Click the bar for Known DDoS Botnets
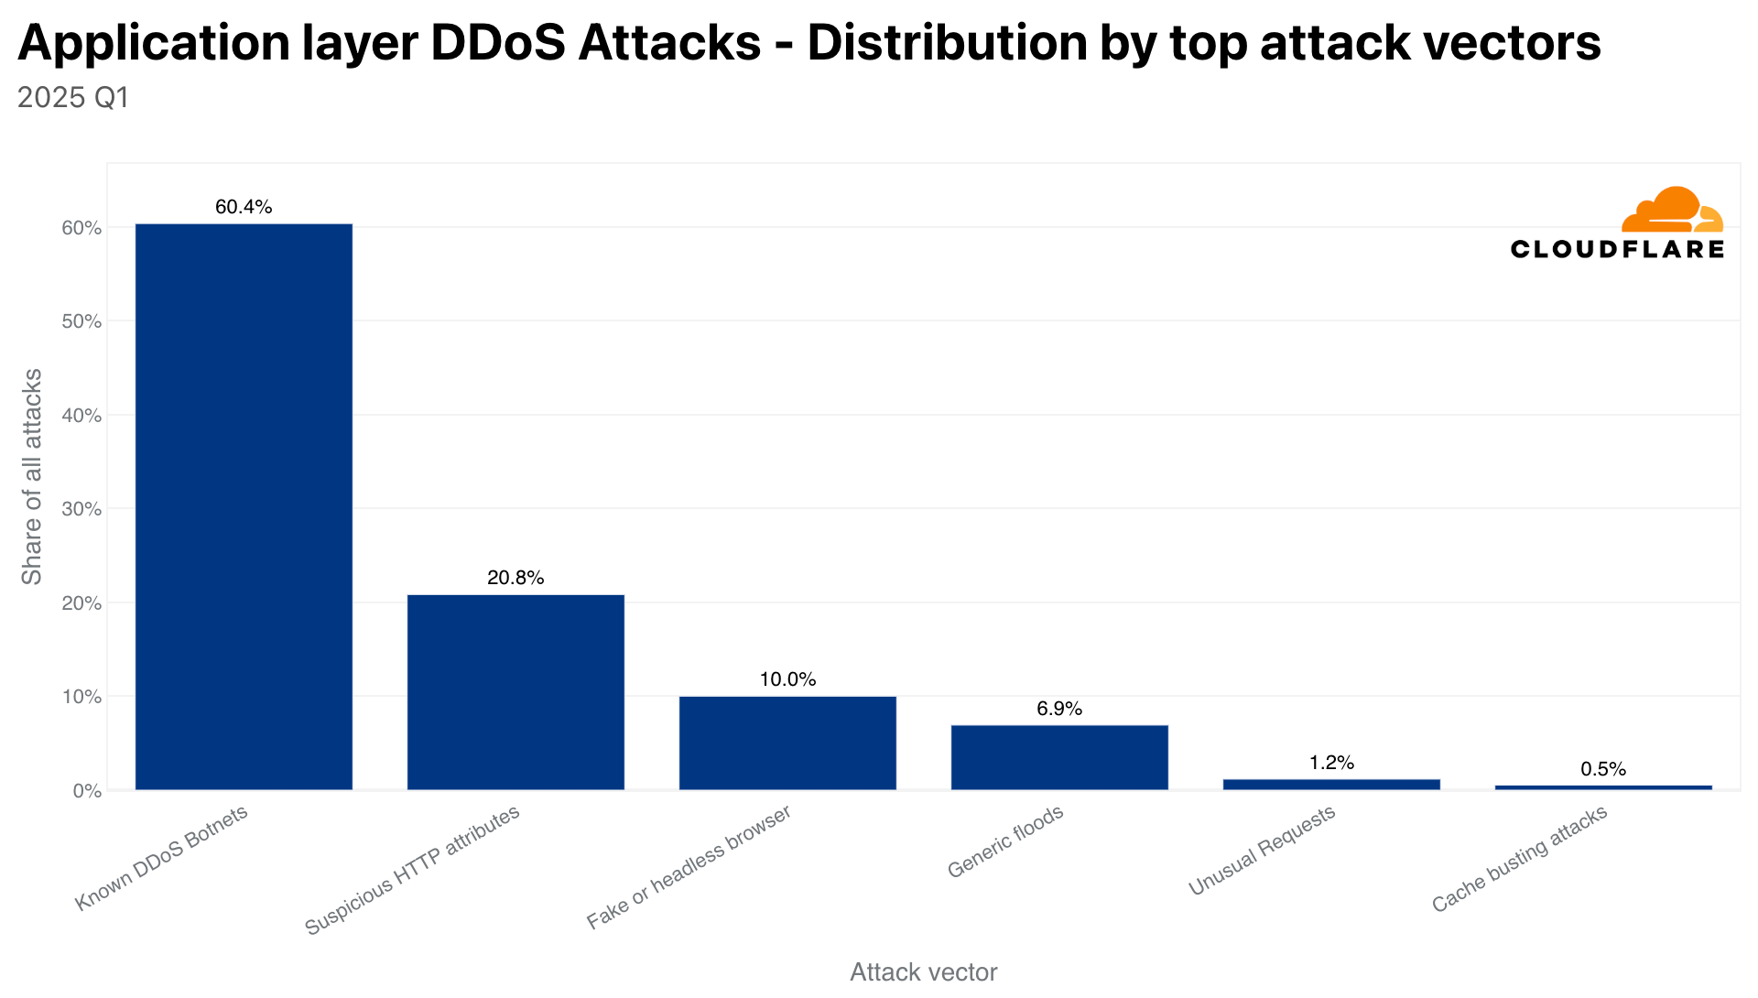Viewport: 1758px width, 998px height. (x=244, y=506)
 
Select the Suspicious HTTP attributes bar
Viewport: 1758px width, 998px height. (x=515, y=692)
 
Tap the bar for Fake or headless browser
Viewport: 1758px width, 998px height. (x=787, y=743)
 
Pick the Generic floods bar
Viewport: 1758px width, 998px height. (x=1059, y=757)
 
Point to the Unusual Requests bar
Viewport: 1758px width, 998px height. (x=1331, y=785)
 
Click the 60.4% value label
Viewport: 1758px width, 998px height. (x=244, y=207)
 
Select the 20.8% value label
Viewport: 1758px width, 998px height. (x=515, y=578)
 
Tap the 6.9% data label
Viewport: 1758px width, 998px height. (x=1059, y=709)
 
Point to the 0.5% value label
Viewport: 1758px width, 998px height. (x=1603, y=769)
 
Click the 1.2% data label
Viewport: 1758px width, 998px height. (x=1331, y=763)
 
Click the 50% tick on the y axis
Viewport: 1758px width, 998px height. (x=81, y=321)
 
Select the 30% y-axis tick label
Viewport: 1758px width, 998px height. (x=81, y=509)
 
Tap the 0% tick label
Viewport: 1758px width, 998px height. (x=85, y=791)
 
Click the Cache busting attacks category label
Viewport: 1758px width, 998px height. (x=1520, y=860)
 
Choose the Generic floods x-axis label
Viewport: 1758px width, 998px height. (x=1005, y=841)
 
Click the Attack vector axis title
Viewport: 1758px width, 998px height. (x=923, y=972)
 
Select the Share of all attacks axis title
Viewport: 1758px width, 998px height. (x=32, y=476)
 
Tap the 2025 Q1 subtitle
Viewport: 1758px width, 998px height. (x=73, y=97)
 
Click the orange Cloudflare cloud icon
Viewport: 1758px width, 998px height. (x=1671, y=211)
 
